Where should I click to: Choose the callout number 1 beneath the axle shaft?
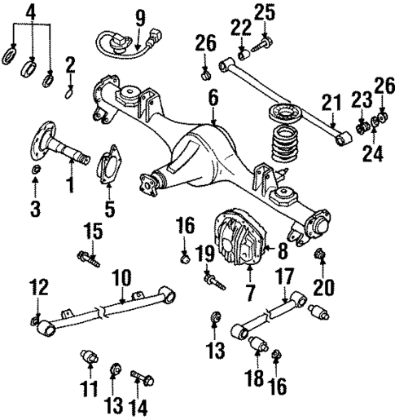[x=70, y=186]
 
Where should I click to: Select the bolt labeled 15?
[x=89, y=260]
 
